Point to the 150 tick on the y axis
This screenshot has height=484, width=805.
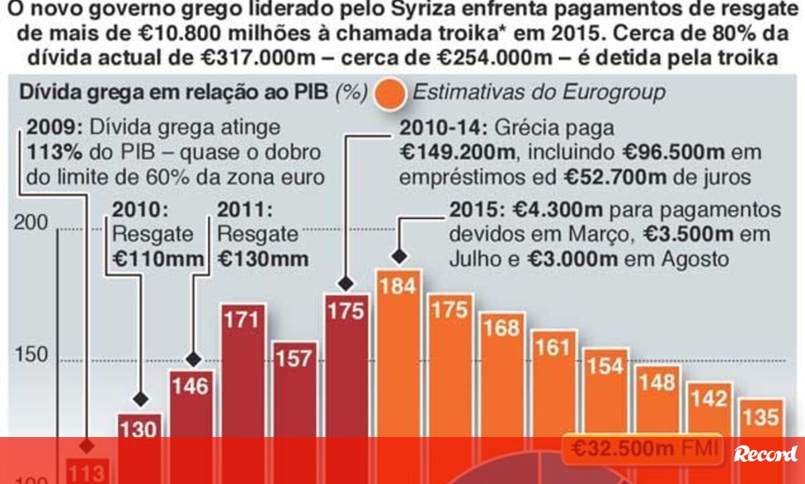(32, 354)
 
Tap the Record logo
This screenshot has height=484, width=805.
(765, 454)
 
